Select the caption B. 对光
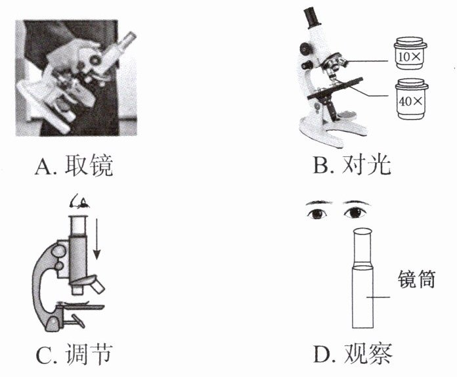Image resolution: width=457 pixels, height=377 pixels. [x=352, y=165]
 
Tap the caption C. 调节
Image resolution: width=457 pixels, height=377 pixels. [x=74, y=353]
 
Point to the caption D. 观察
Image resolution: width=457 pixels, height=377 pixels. [x=353, y=353]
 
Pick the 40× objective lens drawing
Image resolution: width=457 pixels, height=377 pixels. [x=412, y=99]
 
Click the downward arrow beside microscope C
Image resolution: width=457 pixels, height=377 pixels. [x=97, y=239]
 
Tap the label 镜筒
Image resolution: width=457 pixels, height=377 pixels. [x=416, y=279]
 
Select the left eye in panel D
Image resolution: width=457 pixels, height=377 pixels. [x=316, y=213]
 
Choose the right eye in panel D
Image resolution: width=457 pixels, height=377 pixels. [x=355, y=213]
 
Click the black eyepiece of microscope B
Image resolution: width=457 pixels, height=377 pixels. [x=312, y=18]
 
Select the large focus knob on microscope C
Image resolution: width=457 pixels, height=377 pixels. [x=59, y=252]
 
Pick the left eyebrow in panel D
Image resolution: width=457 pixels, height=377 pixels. [x=319, y=202]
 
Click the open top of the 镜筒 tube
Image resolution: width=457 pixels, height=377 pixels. [x=362, y=232]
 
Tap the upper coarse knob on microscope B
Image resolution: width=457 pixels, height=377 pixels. [x=305, y=47]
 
